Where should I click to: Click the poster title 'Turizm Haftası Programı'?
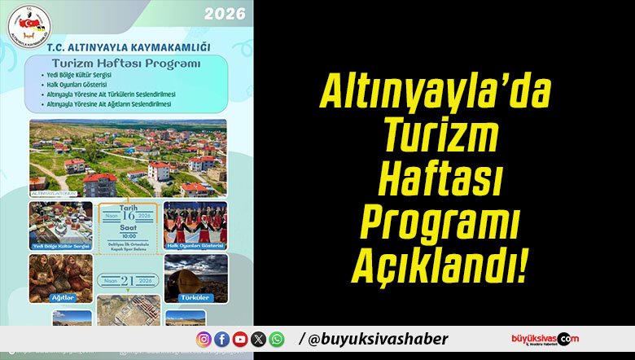(x=126, y=63)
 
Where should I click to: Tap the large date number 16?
(x=130, y=216)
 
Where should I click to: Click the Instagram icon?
(x=204, y=339)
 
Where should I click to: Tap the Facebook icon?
(x=221, y=339)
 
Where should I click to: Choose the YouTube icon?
(x=240, y=339)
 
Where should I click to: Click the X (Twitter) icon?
(x=259, y=339)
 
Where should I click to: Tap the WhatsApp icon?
(x=277, y=339)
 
